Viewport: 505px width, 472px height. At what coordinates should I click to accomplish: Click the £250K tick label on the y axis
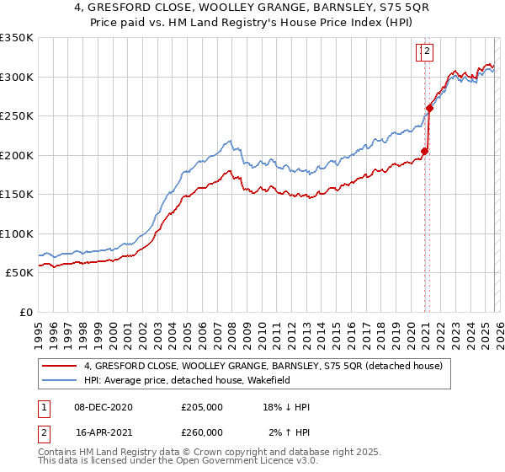17,116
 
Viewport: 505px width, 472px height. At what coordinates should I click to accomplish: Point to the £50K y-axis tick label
19,273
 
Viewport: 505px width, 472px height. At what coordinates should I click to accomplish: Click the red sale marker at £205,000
425,152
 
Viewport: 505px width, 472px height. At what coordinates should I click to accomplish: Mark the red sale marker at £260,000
429,108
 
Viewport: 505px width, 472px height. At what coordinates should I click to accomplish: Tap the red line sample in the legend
59,367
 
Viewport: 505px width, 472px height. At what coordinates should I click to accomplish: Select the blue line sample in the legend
59,380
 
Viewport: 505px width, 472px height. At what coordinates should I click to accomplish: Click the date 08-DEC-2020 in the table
104,407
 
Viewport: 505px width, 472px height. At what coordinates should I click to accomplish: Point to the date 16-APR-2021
104,432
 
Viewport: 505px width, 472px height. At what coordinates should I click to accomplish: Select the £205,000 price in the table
202,407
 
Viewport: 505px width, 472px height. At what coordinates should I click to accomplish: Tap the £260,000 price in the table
202,432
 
